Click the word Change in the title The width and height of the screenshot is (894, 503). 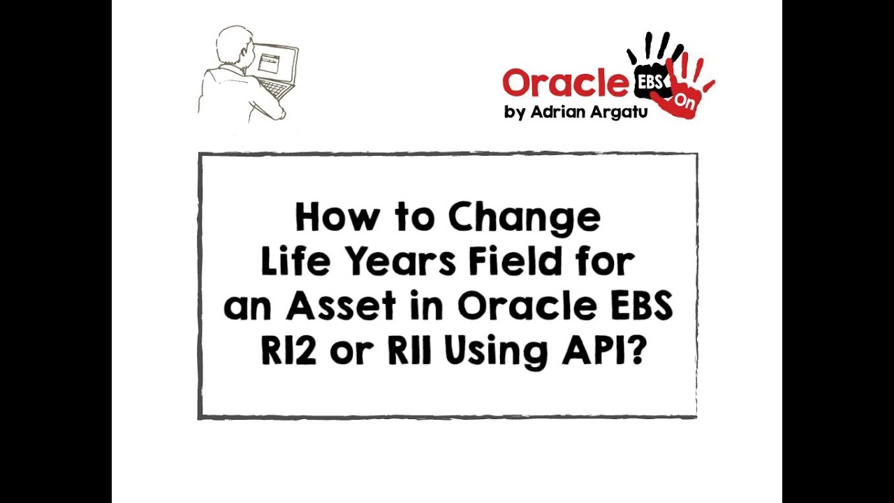point(524,218)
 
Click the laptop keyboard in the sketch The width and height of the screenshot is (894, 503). point(273,89)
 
